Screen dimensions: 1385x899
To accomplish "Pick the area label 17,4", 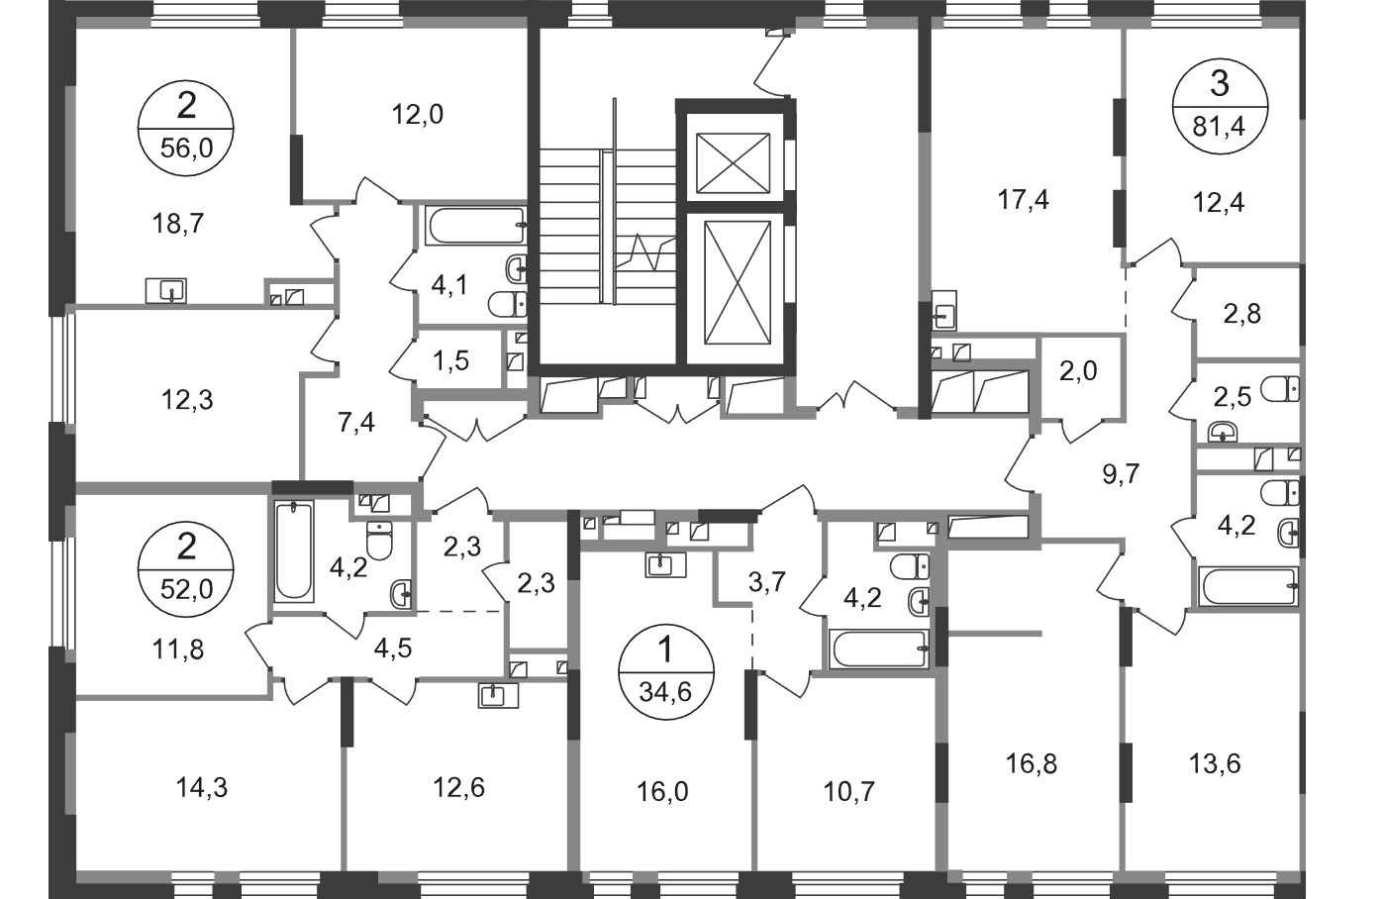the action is coord(1024,201).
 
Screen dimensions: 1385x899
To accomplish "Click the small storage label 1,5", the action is coord(450,359).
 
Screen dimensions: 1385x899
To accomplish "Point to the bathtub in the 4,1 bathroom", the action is coord(475,226).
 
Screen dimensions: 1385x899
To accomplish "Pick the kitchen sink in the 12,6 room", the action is coord(493,695).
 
